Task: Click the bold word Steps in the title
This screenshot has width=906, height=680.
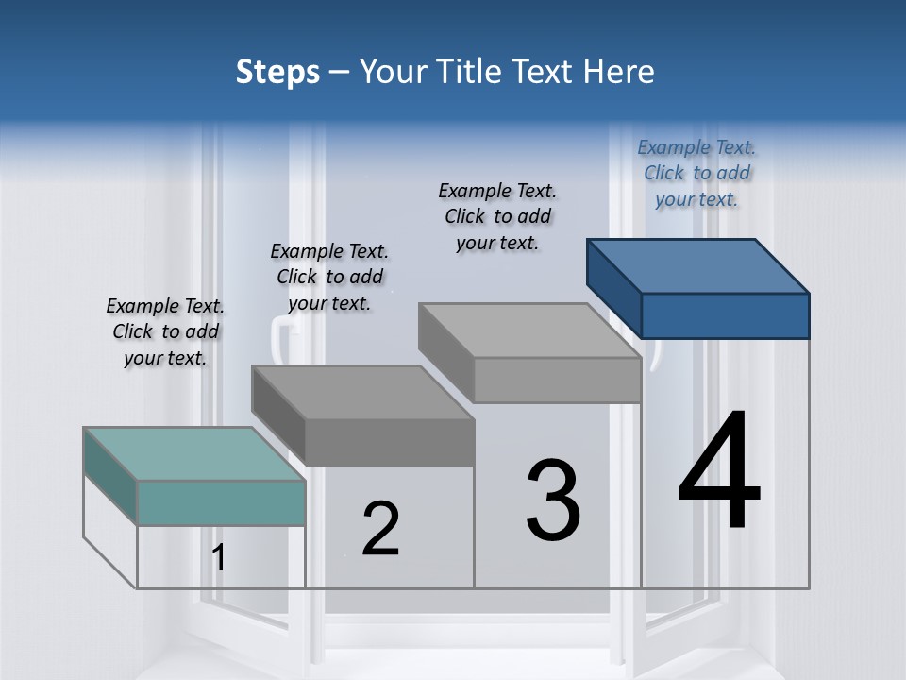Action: click(x=277, y=73)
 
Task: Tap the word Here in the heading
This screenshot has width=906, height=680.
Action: click(x=618, y=71)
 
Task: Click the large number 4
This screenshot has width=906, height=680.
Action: click(x=719, y=468)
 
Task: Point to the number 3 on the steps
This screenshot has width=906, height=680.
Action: click(x=553, y=499)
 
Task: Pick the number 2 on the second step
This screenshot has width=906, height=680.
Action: click(x=380, y=528)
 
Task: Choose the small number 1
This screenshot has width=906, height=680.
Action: click(x=218, y=557)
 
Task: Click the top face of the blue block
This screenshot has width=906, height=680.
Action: click(x=698, y=266)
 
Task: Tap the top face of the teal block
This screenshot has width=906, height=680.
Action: click(x=194, y=454)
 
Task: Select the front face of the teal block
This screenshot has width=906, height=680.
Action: click(x=221, y=503)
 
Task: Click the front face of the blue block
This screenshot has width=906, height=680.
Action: click(x=726, y=315)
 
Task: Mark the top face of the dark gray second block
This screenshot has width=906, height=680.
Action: click(x=362, y=393)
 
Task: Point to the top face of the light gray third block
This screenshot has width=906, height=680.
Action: click(x=529, y=331)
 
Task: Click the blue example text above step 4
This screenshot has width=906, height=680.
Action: click(x=696, y=173)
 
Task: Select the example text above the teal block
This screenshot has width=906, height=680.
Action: click(x=165, y=331)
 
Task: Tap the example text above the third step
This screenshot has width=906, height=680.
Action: click(x=497, y=216)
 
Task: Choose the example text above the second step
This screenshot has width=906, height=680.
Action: click(x=329, y=277)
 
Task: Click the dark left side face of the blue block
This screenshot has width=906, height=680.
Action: click(x=614, y=289)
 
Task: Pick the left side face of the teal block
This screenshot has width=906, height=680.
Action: click(x=111, y=476)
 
